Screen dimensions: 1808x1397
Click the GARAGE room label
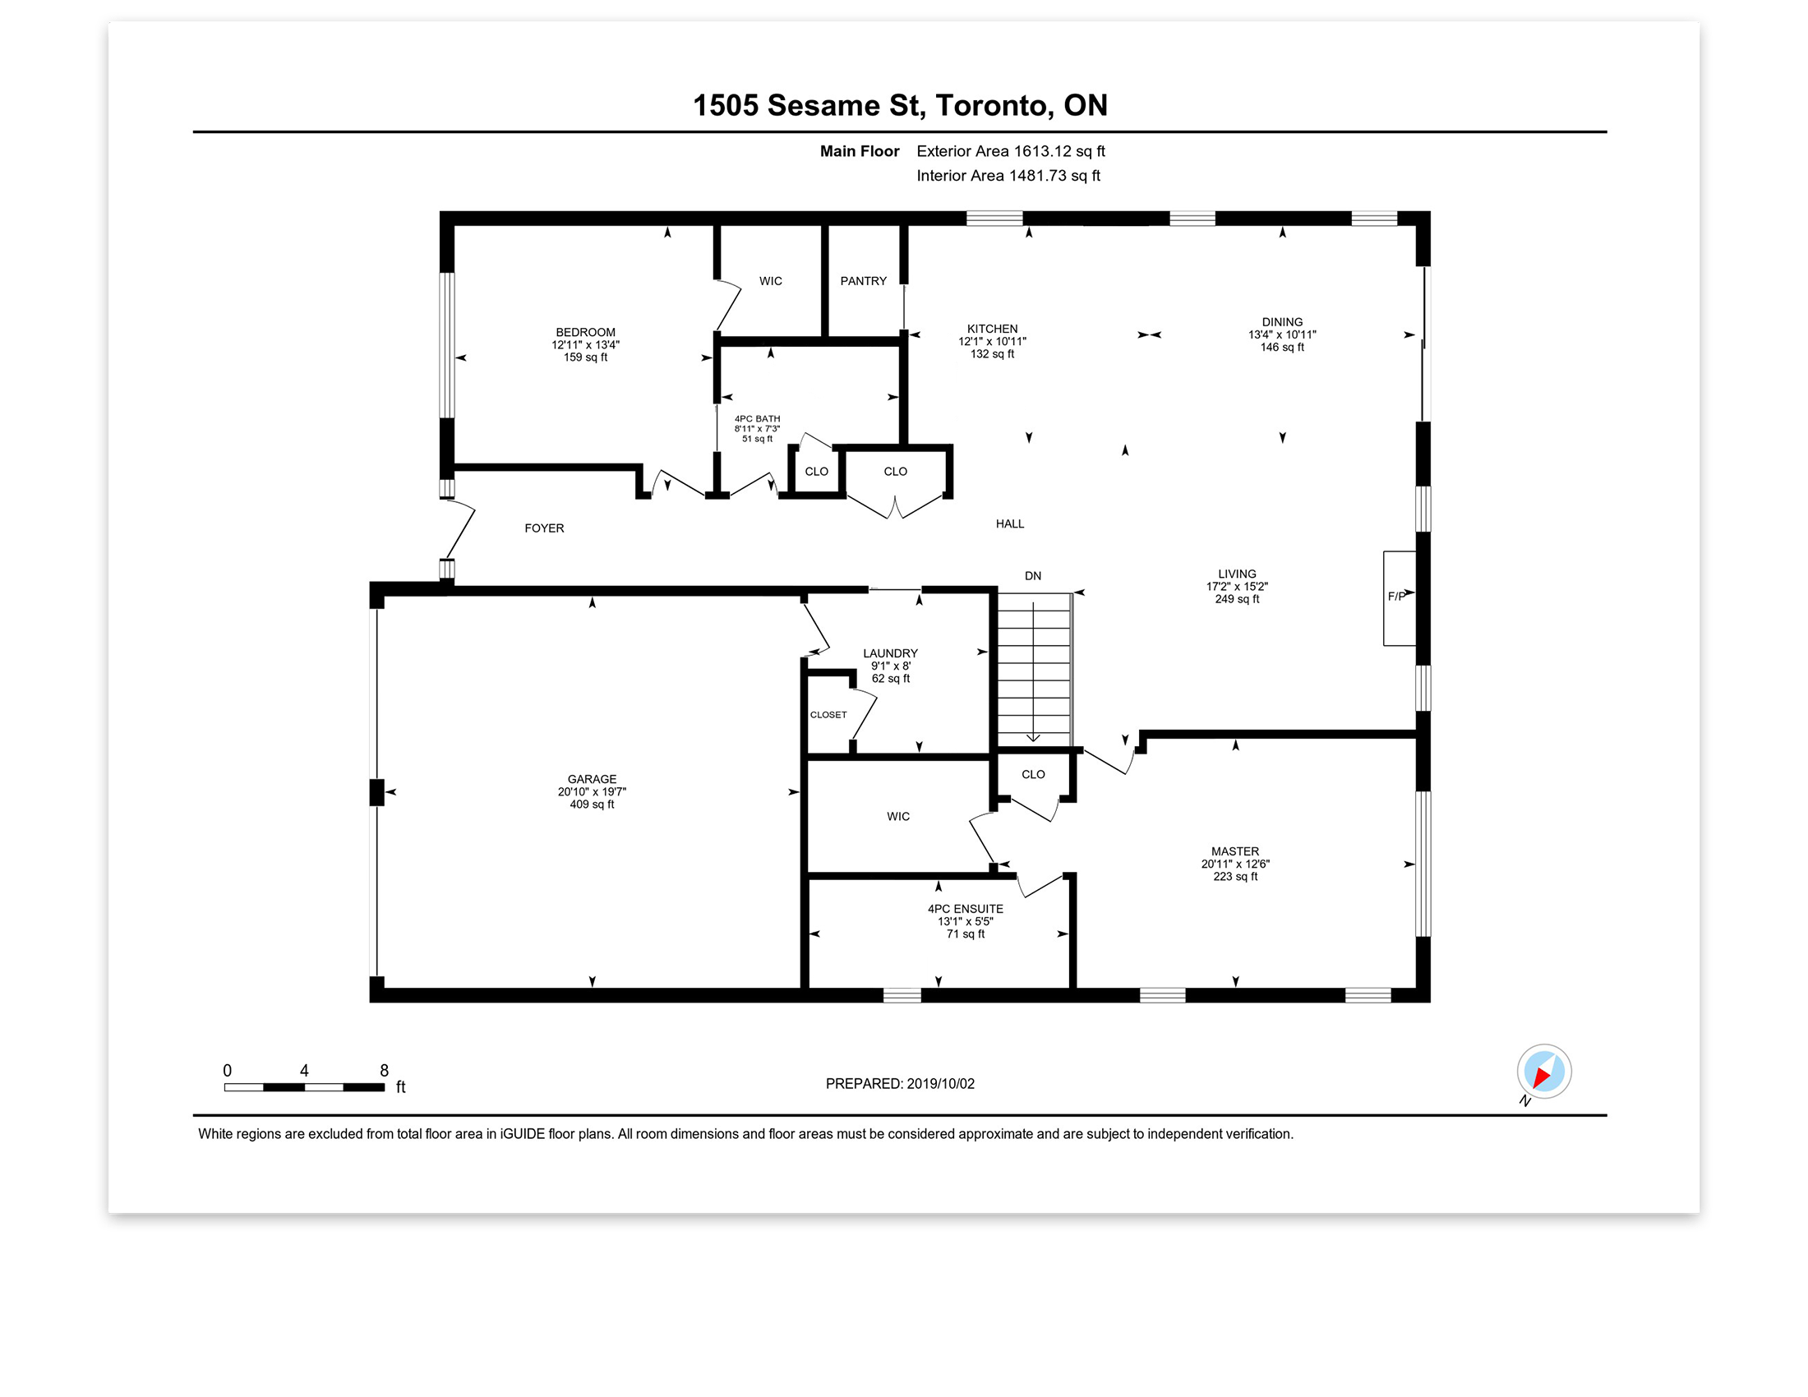592,779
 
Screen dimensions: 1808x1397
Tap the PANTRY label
864,281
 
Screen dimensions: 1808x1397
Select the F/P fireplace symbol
1400,597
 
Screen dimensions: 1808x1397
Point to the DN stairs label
1033,576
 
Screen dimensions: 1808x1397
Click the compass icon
1544,1072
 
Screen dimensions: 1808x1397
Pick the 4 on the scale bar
304,1071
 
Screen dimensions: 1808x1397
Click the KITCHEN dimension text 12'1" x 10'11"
993,341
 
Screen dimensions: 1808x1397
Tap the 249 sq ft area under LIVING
1237,599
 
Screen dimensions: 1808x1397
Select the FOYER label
544,528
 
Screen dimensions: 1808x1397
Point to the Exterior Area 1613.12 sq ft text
1011,151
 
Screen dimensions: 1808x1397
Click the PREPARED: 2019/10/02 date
900,1084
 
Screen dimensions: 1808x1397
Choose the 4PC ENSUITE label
966,909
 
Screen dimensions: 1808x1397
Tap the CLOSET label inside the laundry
828,715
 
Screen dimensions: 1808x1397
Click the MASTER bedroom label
1235,851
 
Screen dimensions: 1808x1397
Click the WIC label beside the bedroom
771,281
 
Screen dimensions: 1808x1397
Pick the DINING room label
1282,322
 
